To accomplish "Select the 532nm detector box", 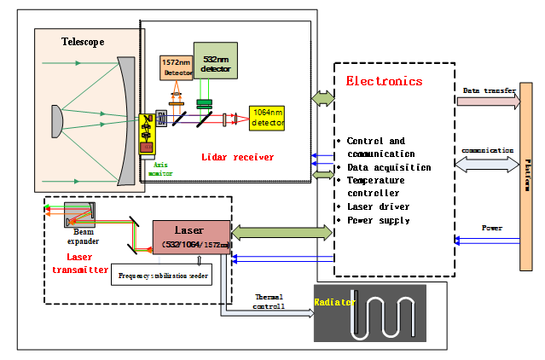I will pyautogui.click(x=215, y=61).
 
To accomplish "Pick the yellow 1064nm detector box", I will pyautogui.click(x=267, y=119).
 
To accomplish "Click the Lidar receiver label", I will pyautogui.click(x=237, y=158).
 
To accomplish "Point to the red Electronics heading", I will pyautogui.click(x=384, y=82).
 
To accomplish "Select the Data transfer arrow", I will pyautogui.click(x=488, y=101).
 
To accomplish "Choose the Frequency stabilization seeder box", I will pyautogui.click(x=163, y=276).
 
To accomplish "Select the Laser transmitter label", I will pyautogui.click(x=75, y=262).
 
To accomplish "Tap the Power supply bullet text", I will pyautogui.click(x=379, y=220).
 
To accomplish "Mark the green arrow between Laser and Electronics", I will pyautogui.click(x=281, y=231).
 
